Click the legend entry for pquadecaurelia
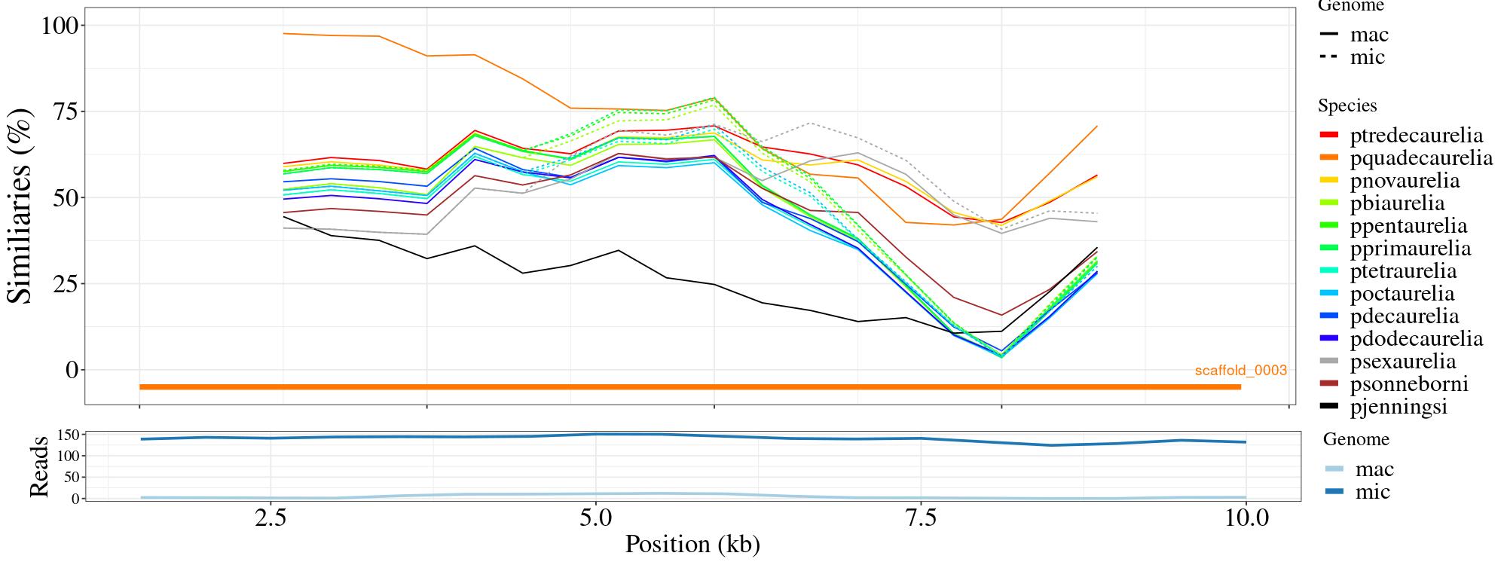click(x=1421, y=158)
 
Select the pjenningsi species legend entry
click(x=1398, y=407)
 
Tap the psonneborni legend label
click(x=1409, y=384)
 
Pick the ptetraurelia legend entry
click(x=1403, y=271)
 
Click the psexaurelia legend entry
click(x=1403, y=362)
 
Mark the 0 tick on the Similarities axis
click(x=72, y=370)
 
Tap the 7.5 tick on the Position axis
click(x=921, y=519)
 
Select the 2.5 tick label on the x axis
click(x=271, y=519)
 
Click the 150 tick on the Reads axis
click(x=68, y=435)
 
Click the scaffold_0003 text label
click(x=1240, y=371)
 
